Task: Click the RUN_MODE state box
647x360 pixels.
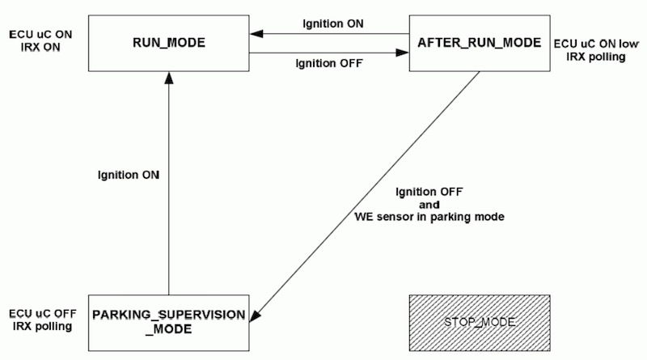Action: (168, 42)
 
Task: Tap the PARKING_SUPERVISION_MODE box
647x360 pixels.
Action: (168, 322)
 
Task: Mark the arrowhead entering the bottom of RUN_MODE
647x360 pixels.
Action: (168, 74)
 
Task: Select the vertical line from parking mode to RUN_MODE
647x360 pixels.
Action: (168, 202)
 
